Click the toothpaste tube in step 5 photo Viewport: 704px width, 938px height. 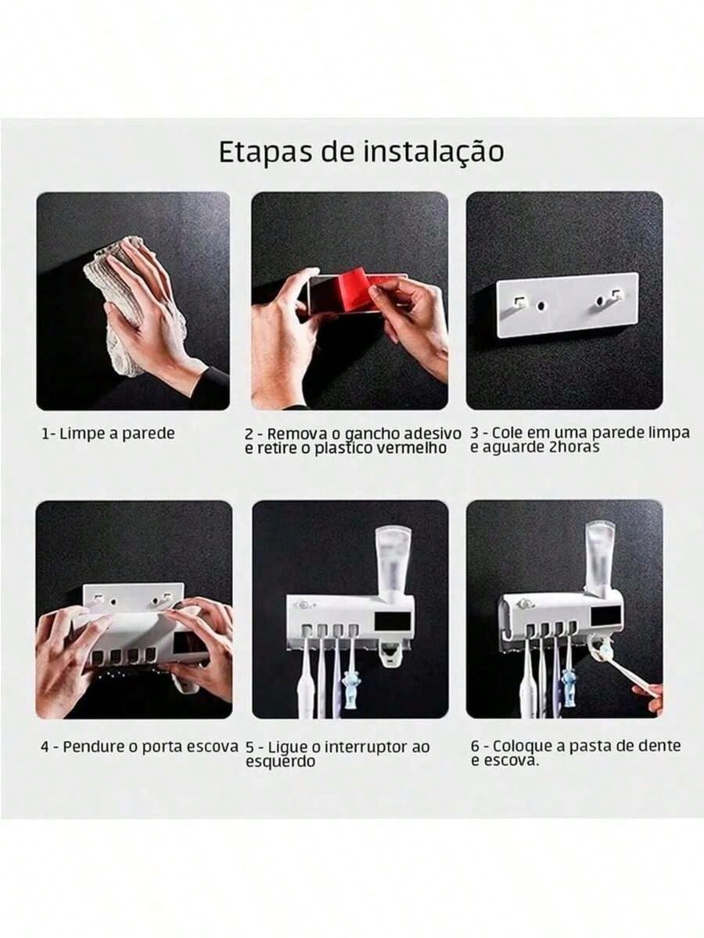[393, 560]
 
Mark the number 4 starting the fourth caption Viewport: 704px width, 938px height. [45, 746]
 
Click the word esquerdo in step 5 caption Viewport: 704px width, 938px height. [281, 761]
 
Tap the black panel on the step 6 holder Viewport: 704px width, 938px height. [604, 616]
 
